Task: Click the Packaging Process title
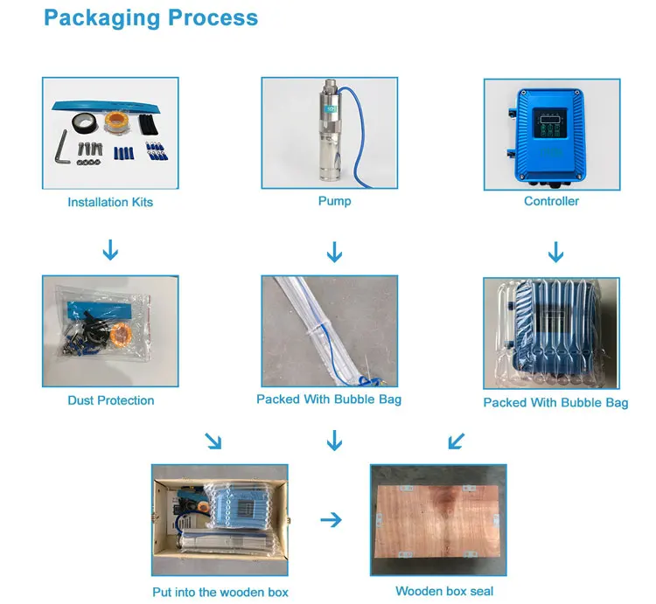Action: pos(151,18)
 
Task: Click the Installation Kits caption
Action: pos(110,202)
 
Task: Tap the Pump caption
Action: pos(334,201)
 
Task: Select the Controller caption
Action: pos(551,201)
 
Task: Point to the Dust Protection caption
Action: pos(110,400)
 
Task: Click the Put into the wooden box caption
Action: pos(220,592)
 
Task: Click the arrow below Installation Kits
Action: pos(110,252)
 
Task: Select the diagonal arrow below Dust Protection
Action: pos(213,441)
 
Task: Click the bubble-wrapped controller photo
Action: pos(551,334)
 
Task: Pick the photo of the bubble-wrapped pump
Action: pos(329,331)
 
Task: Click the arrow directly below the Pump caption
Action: pos(334,253)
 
